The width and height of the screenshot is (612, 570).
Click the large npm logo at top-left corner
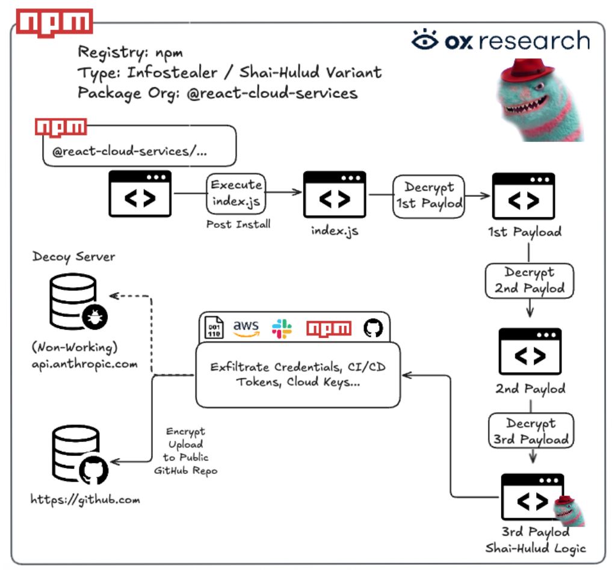54,23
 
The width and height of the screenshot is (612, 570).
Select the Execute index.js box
236,194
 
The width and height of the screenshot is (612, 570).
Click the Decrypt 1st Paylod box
428,196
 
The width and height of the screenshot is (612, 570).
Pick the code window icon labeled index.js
335,194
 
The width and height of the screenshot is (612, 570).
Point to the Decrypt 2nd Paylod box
529,281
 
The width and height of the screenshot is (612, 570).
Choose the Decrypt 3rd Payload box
531,431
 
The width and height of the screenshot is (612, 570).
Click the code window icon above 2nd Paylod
530,351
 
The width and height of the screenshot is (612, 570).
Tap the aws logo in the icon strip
246,328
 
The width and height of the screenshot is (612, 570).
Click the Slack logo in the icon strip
282,328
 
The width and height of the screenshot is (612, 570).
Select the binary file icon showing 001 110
214,328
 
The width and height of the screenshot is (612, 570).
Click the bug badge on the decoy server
95,317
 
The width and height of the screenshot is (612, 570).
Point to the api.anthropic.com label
85,364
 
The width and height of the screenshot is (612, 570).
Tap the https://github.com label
85,500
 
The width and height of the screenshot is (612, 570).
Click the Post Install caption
238,224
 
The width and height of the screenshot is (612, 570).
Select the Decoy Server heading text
74,257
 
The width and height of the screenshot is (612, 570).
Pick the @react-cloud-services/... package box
140,146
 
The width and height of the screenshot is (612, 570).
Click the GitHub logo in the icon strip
373,328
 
